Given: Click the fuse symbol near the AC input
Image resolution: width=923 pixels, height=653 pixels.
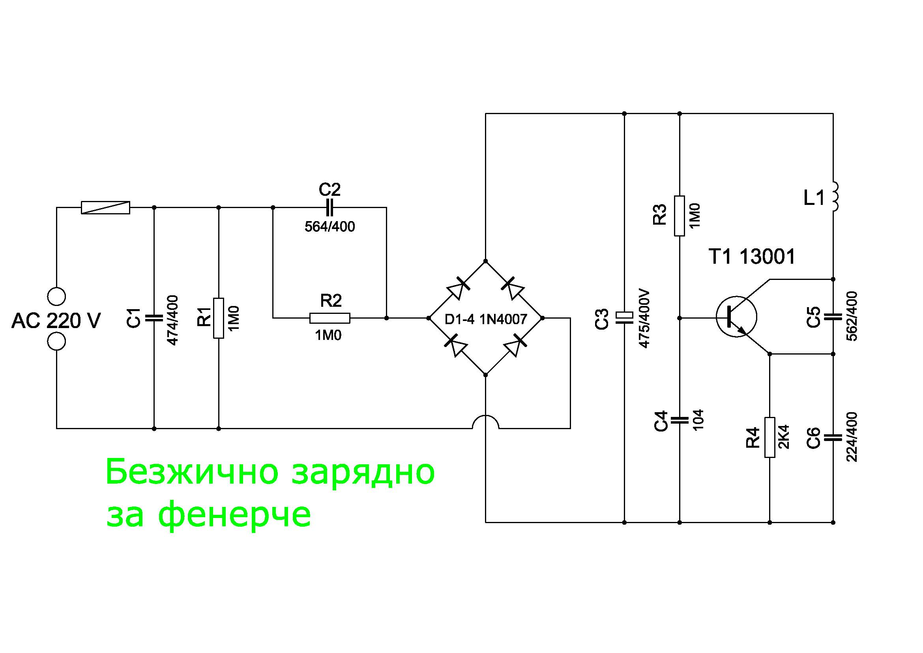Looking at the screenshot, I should click(105, 208).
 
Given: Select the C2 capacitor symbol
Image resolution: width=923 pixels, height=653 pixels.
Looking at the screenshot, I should click(330, 208).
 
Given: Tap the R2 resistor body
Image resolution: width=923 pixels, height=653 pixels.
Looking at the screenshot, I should click(330, 318).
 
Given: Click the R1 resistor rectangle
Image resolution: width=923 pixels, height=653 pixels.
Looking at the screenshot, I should click(219, 318).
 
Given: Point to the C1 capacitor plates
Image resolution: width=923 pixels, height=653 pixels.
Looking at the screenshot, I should click(154, 318).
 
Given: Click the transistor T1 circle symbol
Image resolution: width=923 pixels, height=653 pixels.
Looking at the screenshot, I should click(736, 317).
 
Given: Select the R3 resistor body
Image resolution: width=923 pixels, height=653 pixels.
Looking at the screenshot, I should click(680, 216).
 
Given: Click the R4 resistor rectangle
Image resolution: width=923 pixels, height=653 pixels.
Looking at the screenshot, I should click(769, 437).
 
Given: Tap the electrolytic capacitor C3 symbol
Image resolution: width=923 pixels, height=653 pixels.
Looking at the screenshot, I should click(624, 318).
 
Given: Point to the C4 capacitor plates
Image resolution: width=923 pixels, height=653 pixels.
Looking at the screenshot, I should click(680, 420).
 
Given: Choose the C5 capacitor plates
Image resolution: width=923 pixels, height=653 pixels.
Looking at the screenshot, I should click(833, 317).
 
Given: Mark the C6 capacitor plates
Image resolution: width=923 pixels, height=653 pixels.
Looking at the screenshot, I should click(833, 437).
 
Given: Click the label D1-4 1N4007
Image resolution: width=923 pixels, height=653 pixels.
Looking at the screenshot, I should click(486, 319).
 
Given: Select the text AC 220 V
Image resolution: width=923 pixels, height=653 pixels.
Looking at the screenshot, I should click(56, 321).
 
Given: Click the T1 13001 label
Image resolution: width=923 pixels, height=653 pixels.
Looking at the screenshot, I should click(752, 257).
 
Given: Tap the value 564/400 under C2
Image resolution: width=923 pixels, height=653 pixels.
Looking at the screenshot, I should click(330, 227).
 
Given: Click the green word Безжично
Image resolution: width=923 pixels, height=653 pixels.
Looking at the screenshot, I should click(192, 472).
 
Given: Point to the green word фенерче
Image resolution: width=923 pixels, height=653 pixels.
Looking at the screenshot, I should click(235, 515).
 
